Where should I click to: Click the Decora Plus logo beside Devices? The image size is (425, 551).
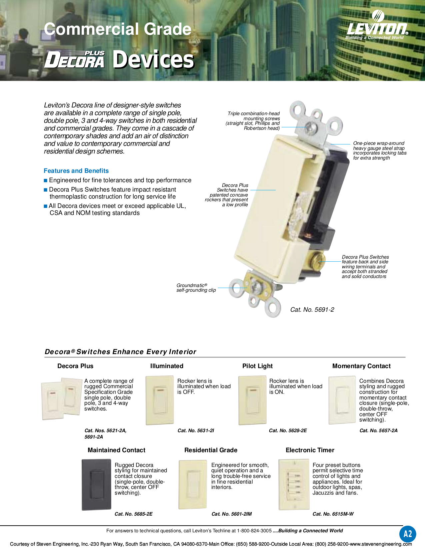point(75,60)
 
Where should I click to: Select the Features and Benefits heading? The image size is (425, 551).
point(76,171)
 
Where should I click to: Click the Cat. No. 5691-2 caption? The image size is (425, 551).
point(312,310)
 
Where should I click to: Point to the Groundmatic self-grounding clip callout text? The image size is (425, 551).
point(196,288)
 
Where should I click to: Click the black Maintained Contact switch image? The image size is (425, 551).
point(96,485)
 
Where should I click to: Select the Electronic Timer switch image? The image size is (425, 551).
point(294,485)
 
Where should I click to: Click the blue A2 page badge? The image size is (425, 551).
point(408,534)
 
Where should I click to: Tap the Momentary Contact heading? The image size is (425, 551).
point(361,366)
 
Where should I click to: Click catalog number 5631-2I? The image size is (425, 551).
point(196,431)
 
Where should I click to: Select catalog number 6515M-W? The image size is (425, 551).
point(333,514)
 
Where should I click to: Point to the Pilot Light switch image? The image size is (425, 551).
point(252,400)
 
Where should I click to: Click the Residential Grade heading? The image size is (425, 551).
point(211,450)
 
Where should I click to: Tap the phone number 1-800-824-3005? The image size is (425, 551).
point(254,531)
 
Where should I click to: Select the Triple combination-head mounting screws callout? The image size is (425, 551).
point(253,121)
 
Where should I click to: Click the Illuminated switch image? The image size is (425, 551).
point(160,400)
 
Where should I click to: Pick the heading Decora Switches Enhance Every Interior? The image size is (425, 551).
point(120,352)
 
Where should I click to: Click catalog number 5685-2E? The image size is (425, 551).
point(133,514)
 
